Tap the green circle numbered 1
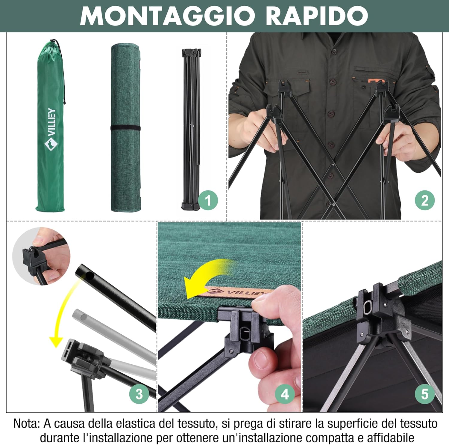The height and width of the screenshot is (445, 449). tap(208, 200)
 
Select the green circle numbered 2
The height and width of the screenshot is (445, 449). tap(425, 200)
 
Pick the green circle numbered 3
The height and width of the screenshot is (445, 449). tap(139, 394)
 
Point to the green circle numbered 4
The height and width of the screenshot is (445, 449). tap(285, 394)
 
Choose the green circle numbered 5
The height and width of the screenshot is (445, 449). tap(425, 394)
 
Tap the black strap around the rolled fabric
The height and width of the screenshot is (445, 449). tap(125, 128)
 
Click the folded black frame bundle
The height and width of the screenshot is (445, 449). tap(191, 129)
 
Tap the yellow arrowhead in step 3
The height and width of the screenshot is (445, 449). tap(56, 342)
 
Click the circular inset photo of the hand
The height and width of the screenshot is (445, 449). tap(41, 256)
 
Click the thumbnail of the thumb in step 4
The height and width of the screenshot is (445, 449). tap(262, 360)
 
